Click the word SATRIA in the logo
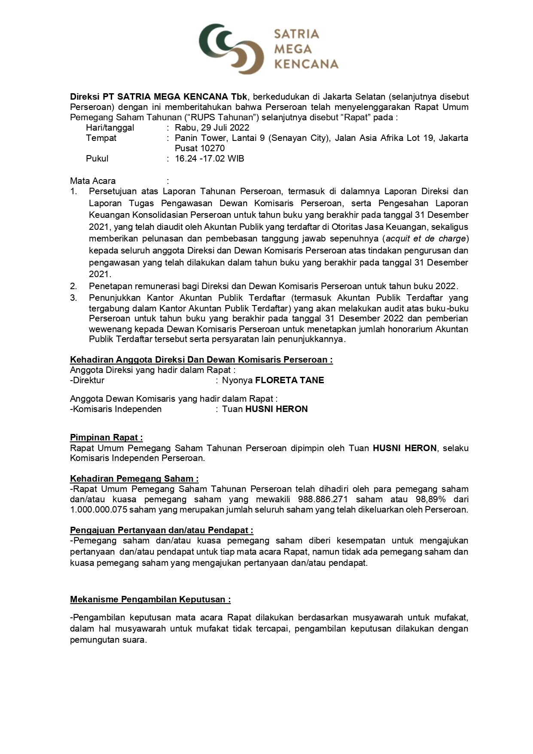tap(296, 34)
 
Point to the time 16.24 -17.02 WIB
tap(210, 159)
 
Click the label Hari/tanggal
tap(110, 128)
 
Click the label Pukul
tap(97, 159)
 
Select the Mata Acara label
tap(93, 181)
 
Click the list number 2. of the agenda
tap(74, 286)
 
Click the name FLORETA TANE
tap(289, 380)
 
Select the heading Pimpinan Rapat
tap(106, 437)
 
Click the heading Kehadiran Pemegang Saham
tap(134, 479)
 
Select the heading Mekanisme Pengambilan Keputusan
tap(150, 599)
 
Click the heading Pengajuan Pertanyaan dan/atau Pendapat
tap(161, 531)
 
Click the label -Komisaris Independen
tap(116, 409)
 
